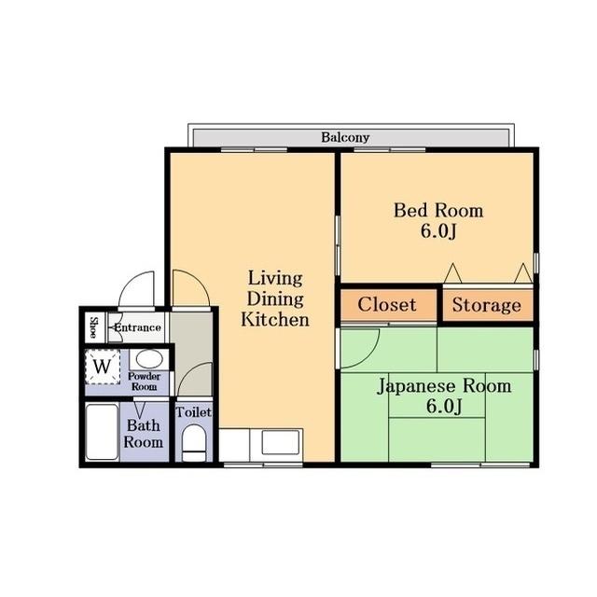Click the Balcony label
tap(345, 137)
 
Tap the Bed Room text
tap(437, 211)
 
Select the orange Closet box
tap(386, 305)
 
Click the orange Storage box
tap(486, 305)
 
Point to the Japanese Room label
tap(443, 386)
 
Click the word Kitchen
tap(274, 320)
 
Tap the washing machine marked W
tap(104, 366)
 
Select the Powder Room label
tap(145, 382)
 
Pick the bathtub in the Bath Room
tap(102, 432)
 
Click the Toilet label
tap(194, 411)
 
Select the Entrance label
tap(137, 327)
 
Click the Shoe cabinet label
tap(93, 327)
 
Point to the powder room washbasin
tap(146, 358)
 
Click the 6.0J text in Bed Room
tap(437, 229)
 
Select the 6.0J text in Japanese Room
tap(443, 406)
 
